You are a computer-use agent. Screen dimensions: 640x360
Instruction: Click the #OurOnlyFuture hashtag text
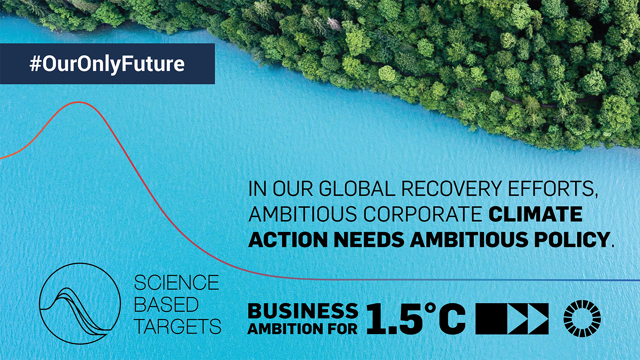107,64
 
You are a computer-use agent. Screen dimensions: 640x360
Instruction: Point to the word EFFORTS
553,189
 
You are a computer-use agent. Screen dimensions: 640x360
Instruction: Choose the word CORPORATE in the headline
423,214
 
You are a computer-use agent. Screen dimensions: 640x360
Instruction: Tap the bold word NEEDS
369,239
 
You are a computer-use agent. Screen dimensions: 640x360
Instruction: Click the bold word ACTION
288,239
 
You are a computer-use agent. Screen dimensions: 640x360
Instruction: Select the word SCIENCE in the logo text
176,282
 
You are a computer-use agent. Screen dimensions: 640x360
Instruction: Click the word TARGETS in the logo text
177,326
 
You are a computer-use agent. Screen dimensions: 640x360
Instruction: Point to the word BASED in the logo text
166,305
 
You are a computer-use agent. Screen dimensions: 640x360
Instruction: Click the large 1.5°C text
416,319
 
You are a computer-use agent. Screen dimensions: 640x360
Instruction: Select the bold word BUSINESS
303,311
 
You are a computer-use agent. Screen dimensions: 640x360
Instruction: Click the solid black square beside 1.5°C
491,319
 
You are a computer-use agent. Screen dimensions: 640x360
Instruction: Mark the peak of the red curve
79,102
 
